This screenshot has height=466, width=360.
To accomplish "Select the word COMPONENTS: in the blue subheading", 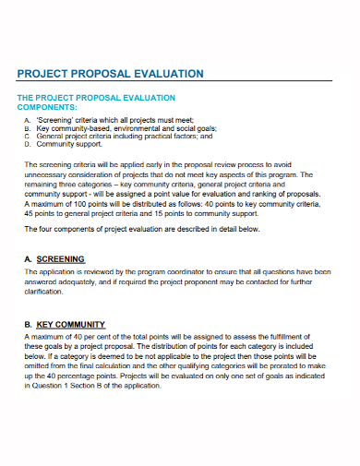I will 50,107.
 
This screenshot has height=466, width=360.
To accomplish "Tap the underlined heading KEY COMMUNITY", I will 70,325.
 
